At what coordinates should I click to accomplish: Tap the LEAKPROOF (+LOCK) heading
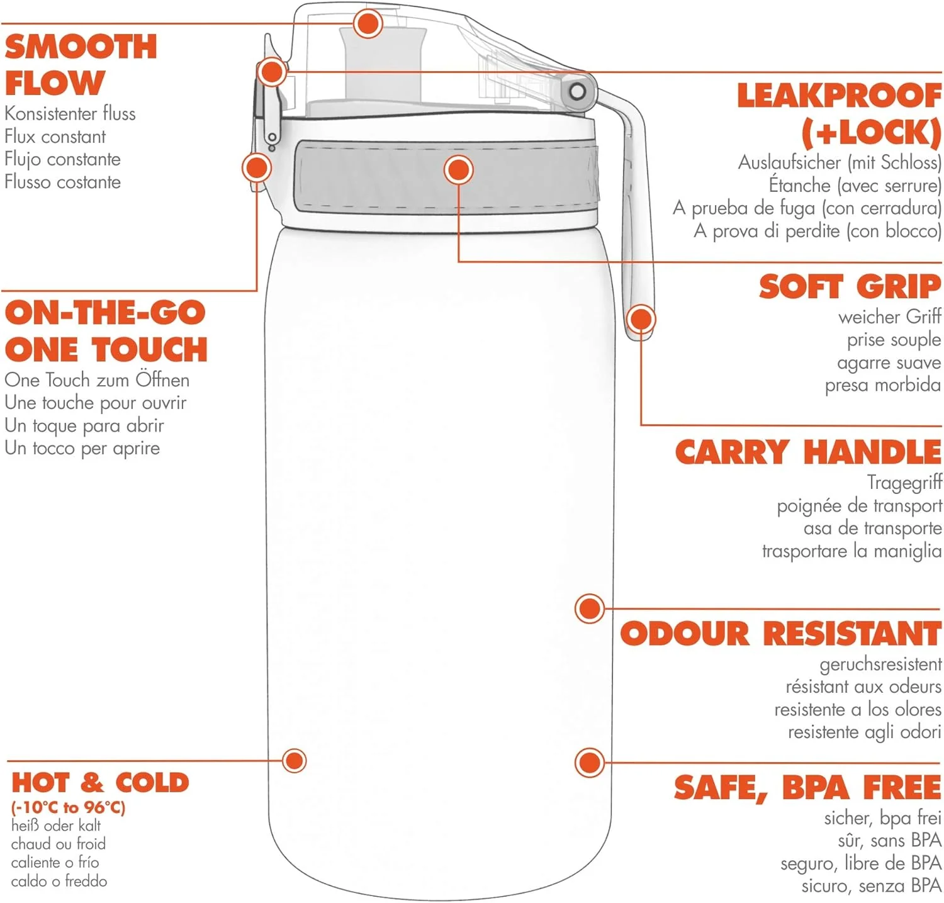(840, 114)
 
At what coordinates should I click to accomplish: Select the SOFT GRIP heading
(850, 287)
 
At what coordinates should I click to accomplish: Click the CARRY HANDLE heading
(808, 452)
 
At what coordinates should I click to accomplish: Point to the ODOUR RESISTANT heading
(780, 634)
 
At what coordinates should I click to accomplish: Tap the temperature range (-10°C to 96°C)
(68, 807)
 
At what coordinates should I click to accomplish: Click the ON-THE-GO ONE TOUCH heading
(106, 331)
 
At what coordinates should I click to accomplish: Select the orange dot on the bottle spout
(368, 24)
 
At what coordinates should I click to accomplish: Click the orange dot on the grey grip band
(458, 170)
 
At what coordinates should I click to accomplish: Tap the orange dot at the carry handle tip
(641, 319)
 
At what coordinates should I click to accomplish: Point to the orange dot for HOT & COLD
(294, 761)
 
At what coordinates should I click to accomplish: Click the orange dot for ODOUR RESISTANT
(590, 609)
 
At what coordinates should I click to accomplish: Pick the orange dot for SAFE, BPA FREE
(590, 763)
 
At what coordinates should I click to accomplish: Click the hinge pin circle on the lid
(577, 92)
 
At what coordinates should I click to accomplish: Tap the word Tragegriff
(904, 482)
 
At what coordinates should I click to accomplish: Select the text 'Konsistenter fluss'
(70, 114)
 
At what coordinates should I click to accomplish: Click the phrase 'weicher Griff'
(889, 317)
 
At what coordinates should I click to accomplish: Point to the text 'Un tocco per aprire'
(82, 448)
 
